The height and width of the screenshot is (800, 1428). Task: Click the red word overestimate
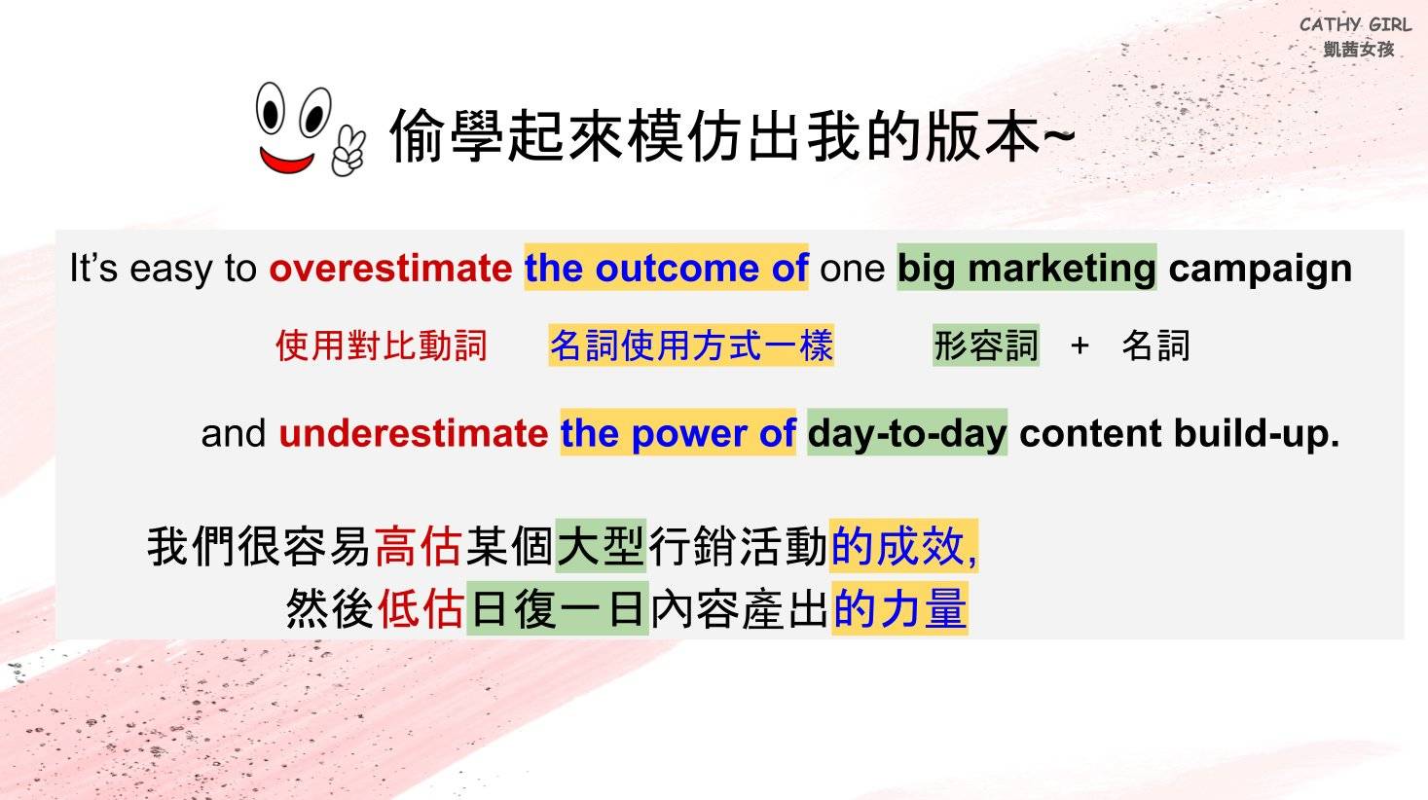coord(390,269)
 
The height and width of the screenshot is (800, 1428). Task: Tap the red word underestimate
coord(413,433)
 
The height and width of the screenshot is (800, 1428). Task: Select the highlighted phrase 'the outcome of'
coord(666,268)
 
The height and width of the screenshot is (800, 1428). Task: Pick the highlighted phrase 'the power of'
coord(678,433)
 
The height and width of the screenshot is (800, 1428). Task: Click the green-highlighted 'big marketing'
coord(1026,268)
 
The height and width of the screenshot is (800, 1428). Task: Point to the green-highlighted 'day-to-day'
coord(907,433)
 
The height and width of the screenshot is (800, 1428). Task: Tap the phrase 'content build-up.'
coord(1180,434)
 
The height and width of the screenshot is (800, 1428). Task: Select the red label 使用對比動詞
coord(382,345)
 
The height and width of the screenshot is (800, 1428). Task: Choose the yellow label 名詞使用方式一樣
coord(692,345)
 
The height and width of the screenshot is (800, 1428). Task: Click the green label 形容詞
coord(986,345)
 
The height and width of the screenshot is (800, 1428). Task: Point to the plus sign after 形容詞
coord(1080,346)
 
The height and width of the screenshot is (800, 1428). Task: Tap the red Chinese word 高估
coord(418,546)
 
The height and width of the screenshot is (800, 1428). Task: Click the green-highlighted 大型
coord(602,546)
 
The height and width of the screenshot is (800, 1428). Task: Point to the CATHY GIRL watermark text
coord(1355,25)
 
